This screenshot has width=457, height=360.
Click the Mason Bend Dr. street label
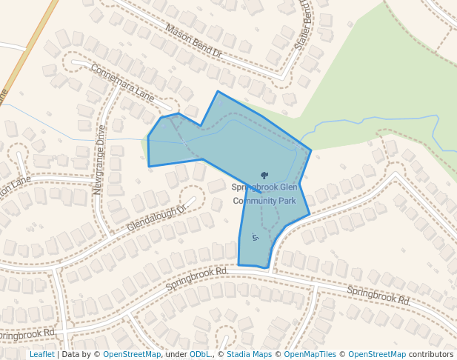(x=194, y=42)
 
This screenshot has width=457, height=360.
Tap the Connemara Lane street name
(x=122, y=82)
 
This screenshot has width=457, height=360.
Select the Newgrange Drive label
(x=99, y=159)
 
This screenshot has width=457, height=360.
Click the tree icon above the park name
(x=264, y=176)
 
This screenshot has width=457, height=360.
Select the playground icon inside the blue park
(x=256, y=237)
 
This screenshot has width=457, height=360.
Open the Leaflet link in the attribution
(x=41, y=355)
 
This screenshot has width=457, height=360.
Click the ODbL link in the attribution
(x=199, y=355)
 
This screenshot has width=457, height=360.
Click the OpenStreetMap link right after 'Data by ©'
(x=131, y=355)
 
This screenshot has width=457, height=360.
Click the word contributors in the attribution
(x=431, y=355)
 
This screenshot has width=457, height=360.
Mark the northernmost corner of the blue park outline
(x=217, y=92)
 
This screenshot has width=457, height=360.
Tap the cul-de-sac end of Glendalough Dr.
(x=195, y=199)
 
